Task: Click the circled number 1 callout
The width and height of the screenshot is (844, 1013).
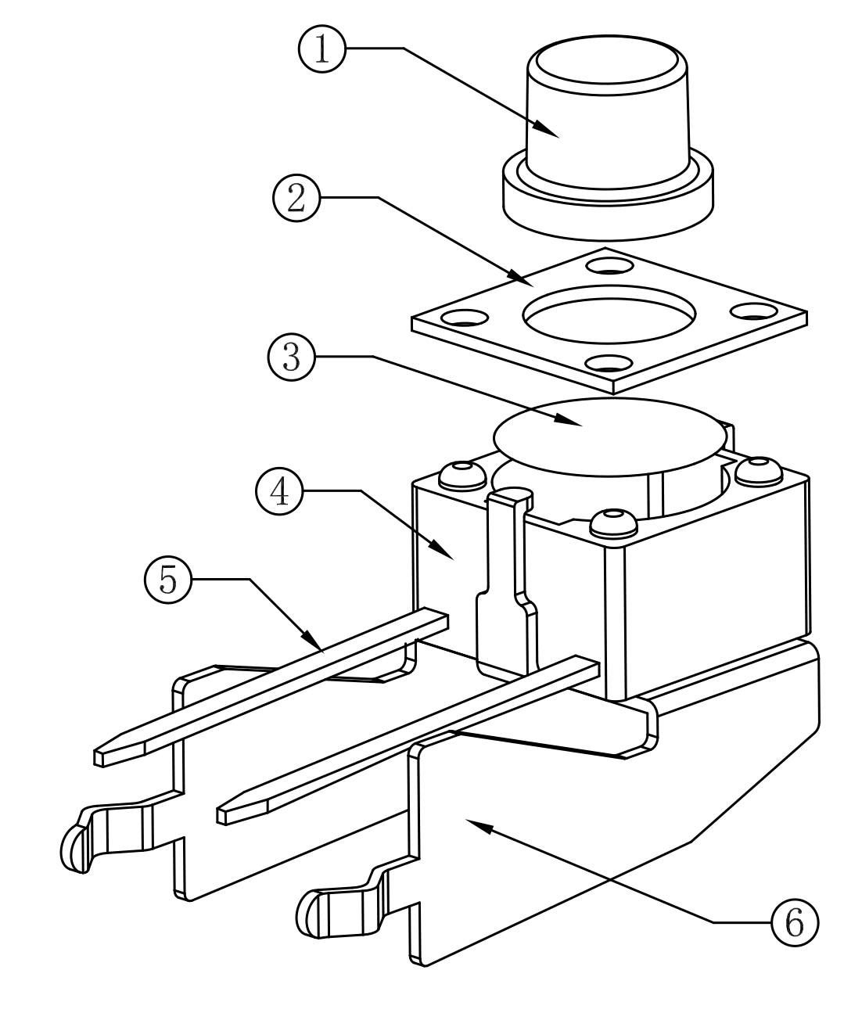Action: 322,49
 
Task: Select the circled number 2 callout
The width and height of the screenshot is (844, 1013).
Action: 297,198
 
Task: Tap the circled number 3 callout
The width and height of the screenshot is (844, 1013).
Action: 292,357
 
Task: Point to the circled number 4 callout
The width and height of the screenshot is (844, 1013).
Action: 279,491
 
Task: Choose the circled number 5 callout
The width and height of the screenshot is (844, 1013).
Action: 168,580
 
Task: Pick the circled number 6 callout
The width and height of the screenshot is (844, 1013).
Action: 795,922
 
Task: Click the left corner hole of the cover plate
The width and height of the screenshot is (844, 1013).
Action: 465,318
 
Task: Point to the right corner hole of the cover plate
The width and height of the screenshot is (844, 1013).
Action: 754,311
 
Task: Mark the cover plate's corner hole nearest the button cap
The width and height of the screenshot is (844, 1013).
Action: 609,266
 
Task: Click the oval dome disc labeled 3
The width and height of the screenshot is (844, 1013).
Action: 609,437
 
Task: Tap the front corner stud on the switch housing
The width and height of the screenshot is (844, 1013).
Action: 613,523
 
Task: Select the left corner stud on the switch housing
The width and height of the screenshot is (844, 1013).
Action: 463,476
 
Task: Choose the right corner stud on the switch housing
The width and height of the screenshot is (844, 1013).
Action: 759,471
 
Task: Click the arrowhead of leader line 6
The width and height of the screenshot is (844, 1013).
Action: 479,825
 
